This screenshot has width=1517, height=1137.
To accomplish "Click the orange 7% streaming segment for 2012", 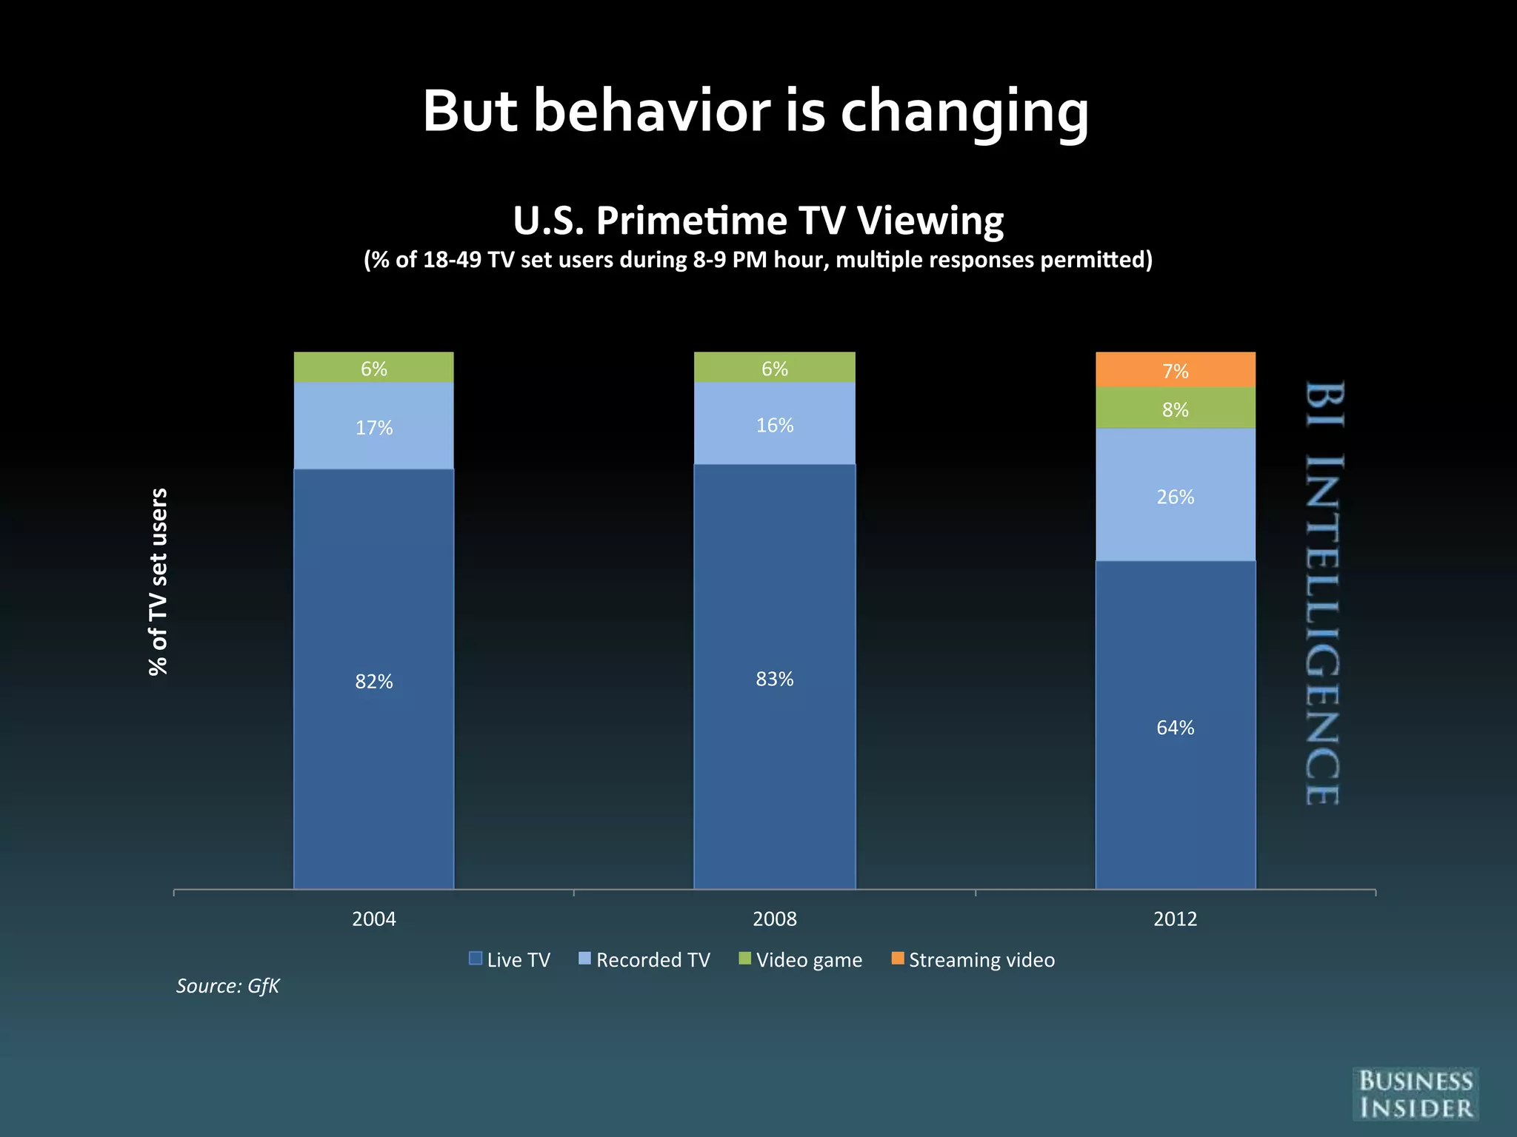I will click(1176, 370).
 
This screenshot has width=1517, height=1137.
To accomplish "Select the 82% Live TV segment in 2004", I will click(374, 680).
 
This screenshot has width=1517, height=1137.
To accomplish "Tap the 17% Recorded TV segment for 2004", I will click(374, 426).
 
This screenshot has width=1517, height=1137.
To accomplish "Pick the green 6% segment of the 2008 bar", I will click(775, 367).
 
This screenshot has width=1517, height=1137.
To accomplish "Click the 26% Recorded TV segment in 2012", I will click(1176, 495).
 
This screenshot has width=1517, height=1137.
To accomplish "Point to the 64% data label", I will click(1176, 728).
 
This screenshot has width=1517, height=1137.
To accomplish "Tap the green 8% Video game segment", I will click(1176, 409).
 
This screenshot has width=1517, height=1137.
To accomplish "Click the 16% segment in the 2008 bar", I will click(775, 424).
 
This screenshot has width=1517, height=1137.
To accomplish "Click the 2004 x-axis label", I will click(374, 919).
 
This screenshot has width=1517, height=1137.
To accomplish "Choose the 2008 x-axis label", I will click(775, 919).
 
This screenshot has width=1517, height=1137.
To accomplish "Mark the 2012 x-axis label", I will click(1176, 919).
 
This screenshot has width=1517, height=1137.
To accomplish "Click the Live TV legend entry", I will click(510, 960).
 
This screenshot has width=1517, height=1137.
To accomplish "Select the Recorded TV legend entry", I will click(644, 960).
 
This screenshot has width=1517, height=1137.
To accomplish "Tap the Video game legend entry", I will click(801, 960).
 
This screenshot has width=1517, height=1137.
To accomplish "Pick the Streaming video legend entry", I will click(973, 960).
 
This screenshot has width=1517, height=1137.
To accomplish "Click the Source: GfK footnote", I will click(227, 986).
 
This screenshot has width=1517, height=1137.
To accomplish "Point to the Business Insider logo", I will click(1416, 1095).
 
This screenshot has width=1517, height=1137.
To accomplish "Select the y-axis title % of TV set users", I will click(159, 582).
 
